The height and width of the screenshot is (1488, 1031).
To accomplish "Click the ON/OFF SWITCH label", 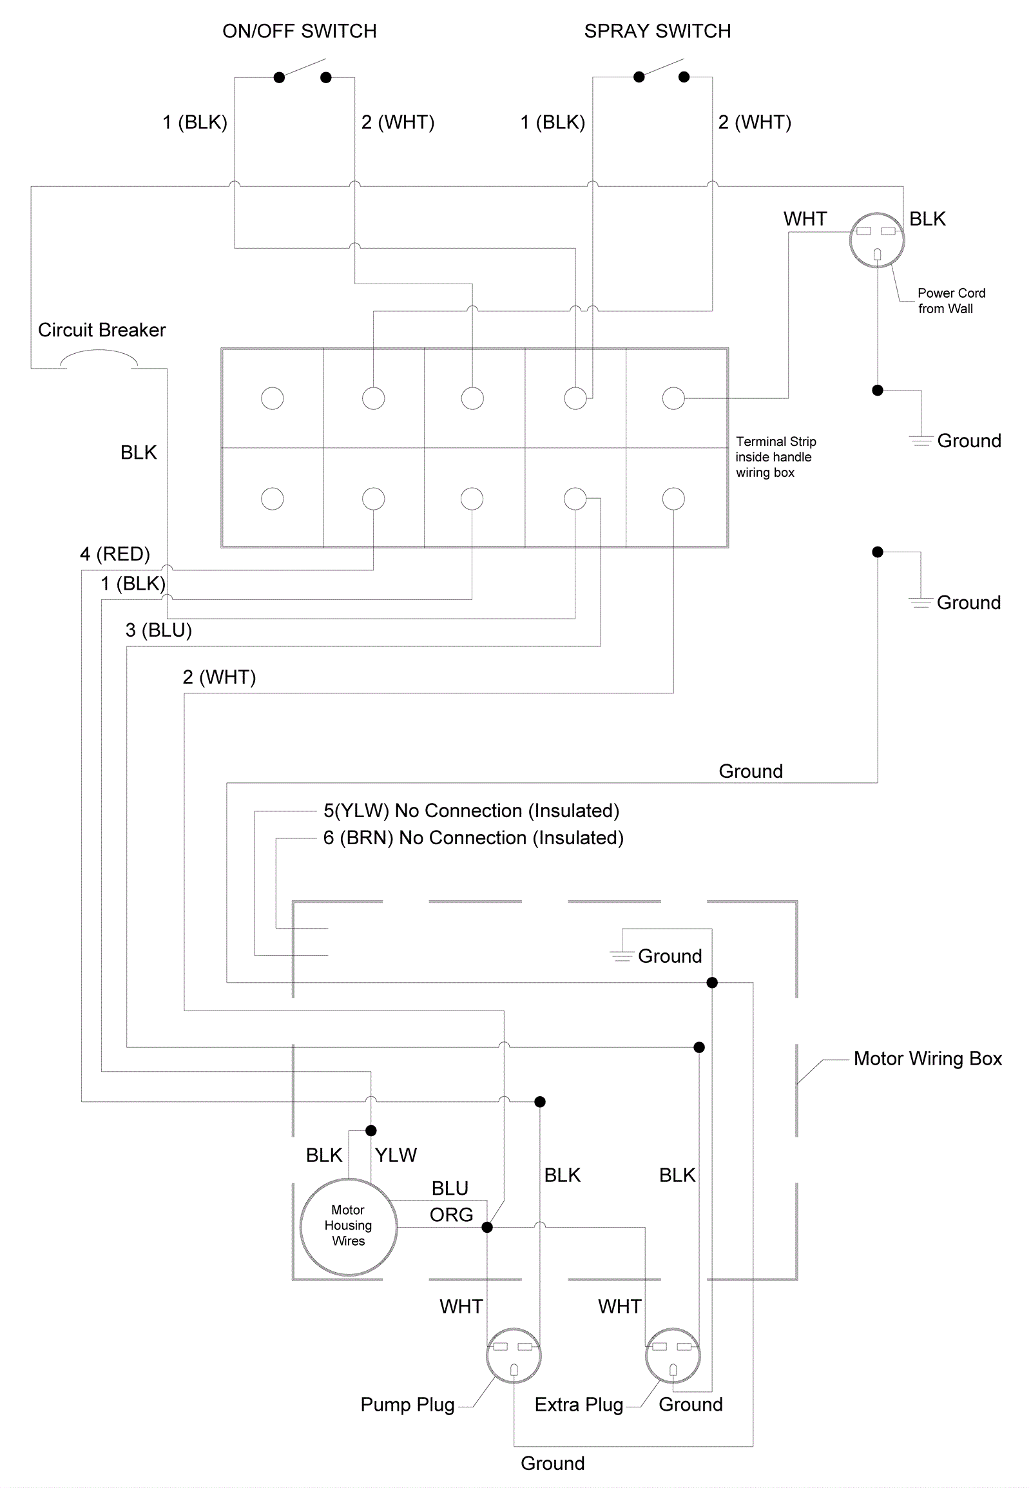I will pyautogui.click(x=299, y=31).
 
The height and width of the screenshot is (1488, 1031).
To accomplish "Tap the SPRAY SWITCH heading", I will pyautogui.click(x=657, y=31).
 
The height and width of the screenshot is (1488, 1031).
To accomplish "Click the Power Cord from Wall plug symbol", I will pyautogui.click(x=876, y=240).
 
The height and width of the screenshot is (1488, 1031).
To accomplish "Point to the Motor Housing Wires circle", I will pyautogui.click(x=348, y=1227).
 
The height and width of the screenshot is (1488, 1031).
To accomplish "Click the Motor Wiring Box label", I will pyautogui.click(x=927, y=1058).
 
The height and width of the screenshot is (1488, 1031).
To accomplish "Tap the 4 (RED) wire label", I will pyautogui.click(x=115, y=554).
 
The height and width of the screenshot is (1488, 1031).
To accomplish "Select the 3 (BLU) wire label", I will pyautogui.click(x=159, y=630).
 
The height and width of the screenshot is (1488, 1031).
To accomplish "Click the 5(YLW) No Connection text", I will pyautogui.click(x=471, y=810).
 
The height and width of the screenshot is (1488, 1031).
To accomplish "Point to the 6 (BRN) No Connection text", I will pyautogui.click(x=473, y=837).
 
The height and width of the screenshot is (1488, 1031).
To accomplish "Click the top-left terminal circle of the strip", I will pyautogui.click(x=273, y=398).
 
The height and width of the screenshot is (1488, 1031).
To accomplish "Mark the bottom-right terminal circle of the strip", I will pyautogui.click(x=673, y=499).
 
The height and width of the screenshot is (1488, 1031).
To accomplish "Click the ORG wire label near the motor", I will pyautogui.click(x=451, y=1215).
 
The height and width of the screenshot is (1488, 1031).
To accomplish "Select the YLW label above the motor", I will pyautogui.click(x=396, y=1155).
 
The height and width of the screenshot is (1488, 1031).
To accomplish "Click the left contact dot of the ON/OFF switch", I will pyautogui.click(x=279, y=77).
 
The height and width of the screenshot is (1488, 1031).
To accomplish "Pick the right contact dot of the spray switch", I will pyautogui.click(x=684, y=77).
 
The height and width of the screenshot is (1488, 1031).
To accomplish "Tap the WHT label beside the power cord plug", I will pyautogui.click(x=805, y=219).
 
